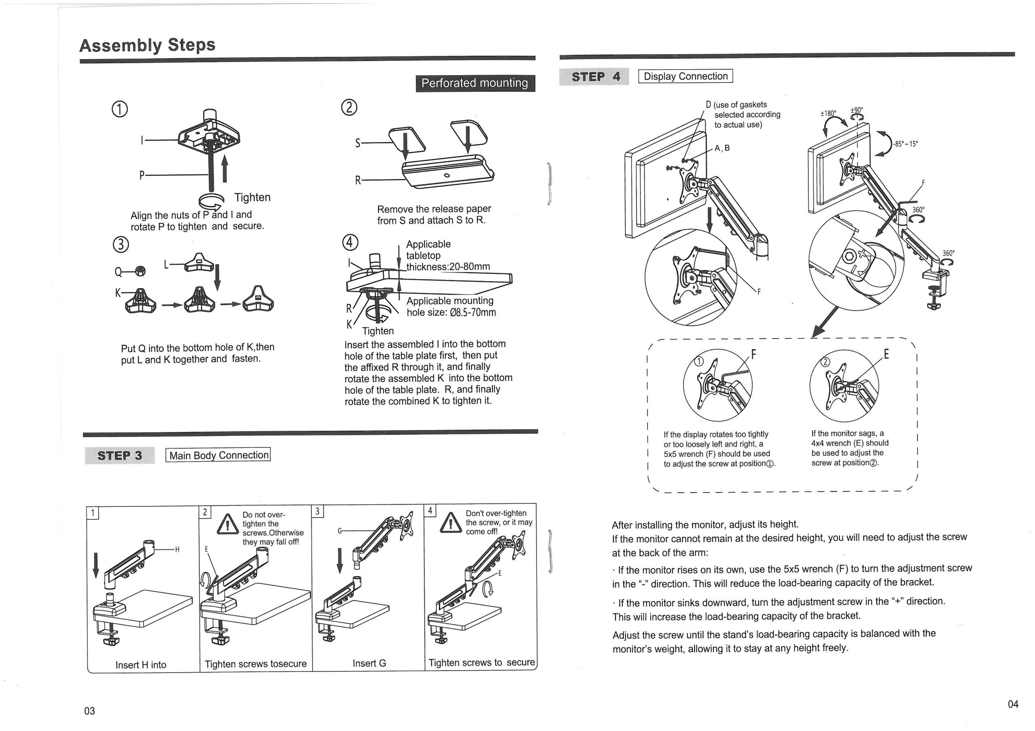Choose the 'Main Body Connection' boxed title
(x=219, y=455)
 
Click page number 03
(x=90, y=711)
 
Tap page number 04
(x=1012, y=704)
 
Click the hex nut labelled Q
(x=140, y=271)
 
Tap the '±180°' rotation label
(x=828, y=113)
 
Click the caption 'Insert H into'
(x=141, y=665)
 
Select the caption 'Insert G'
(x=369, y=664)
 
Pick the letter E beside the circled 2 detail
(x=886, y=355)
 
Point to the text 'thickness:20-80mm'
(x=448, y=267)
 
